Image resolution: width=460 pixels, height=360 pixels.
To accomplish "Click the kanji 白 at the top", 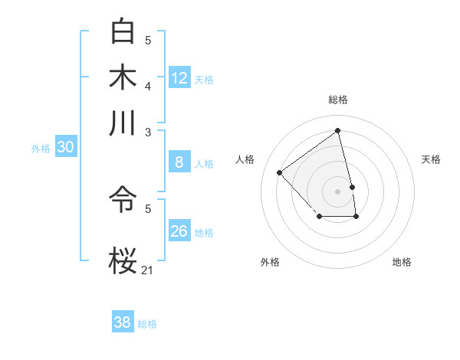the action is tap(123, 31).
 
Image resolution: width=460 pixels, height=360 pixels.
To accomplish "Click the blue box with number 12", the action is tap(179, 78).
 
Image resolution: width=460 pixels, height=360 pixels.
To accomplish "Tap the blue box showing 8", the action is tap(179, 162).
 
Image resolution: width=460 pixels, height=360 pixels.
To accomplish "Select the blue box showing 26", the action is tap(179, 231).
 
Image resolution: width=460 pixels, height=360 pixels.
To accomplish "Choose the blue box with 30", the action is tap(65, 148).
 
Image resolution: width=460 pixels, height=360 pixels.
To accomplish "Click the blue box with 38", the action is tap(122, 322).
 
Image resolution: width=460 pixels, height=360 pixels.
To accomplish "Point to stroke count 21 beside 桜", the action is tap(148, 269).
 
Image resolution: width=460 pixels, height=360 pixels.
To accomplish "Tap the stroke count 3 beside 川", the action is tap(148, 132).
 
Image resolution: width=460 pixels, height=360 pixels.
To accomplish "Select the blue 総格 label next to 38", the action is tap(147, 324).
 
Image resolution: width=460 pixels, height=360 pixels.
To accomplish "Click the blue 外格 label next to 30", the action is tap(40, 149).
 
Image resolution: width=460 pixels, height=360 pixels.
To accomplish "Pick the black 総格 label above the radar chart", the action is tap(338, 100).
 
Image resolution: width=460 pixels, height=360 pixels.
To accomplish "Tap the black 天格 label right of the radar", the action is tap(431, 159).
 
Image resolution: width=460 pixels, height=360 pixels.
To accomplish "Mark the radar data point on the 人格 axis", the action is tap(280, 172).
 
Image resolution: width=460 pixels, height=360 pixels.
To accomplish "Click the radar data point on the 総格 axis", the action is tap(338, 131).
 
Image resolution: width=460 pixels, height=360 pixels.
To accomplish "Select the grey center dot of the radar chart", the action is tap(338, 191).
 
